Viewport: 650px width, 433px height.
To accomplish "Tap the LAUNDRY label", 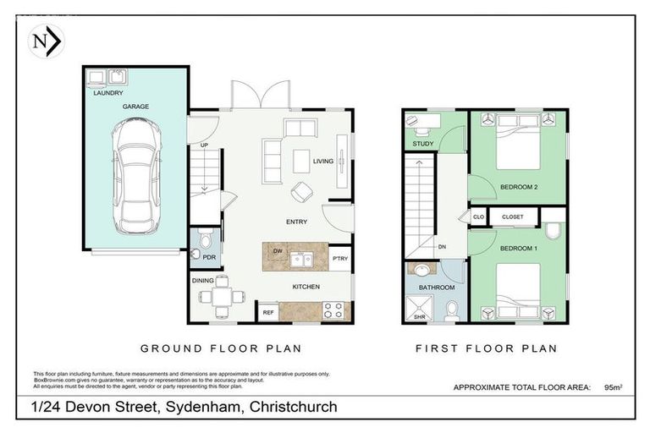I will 108,94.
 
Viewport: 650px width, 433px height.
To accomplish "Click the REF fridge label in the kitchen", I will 268,313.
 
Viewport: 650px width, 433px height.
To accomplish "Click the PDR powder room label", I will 208,256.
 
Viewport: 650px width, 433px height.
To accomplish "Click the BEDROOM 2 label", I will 518,187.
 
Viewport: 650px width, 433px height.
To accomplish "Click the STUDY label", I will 423,144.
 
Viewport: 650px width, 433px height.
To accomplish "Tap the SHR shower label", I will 419,315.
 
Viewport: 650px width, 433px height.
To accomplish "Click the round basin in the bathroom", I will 421,271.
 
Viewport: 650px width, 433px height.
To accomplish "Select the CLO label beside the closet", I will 477,217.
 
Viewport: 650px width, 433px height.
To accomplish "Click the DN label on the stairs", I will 441,247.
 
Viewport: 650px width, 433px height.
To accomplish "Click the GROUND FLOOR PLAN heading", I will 220,348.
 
